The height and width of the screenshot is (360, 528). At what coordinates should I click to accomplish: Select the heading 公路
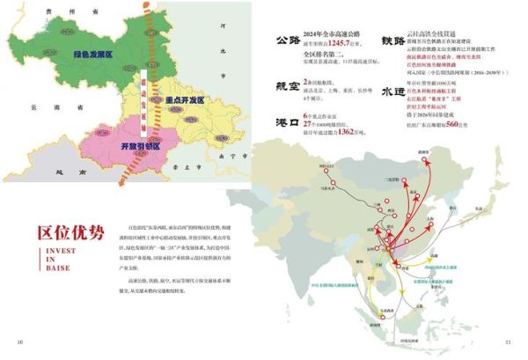287,40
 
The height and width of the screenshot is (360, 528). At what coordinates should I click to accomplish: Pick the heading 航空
287,91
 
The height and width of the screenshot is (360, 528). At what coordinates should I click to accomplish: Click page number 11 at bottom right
508,342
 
